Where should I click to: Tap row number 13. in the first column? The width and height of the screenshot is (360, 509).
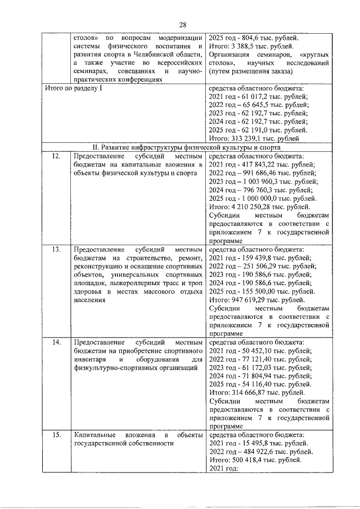pyautogui.click(x=56, y=248)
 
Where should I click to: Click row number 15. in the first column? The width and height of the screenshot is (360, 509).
pyautogui.click(x=56, y=435)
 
